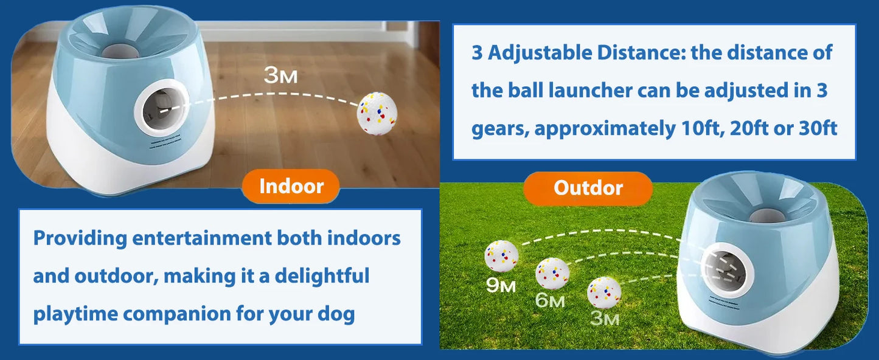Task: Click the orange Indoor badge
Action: click(x=291, y=186)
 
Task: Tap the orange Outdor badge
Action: click(x=588, y=188)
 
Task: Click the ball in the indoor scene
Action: click(x=377, y=114)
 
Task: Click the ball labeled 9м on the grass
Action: click(x=501, y=256)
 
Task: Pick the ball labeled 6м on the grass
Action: click(x=552, y=273)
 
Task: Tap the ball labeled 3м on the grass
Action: click(x=604, y=292)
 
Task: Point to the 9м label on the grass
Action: click(x=501, y=285)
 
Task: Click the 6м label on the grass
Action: click(x=550, y=301)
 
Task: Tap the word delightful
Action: click(x=322, y=276)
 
